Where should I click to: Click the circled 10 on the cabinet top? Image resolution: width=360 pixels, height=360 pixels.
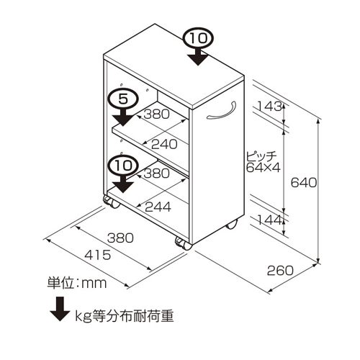coord(198,38)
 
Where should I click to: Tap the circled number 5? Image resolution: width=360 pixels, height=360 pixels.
coord(123,99)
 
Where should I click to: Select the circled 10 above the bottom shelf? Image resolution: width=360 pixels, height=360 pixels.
coord(123,165)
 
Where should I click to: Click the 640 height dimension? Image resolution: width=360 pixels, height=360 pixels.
coord(304,183)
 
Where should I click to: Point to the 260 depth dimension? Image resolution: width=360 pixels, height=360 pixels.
coord(280,271)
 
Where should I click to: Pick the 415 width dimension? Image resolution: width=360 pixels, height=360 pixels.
coord(98,255)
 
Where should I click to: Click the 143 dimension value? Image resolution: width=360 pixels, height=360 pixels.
coord(269,106)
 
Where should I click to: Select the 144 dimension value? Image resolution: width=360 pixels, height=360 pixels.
coord(269,220)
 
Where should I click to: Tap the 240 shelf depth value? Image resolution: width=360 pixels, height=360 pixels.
coord(164,144)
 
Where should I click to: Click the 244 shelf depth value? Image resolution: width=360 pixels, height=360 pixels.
coord(158,207)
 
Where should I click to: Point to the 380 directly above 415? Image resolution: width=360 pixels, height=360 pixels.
coord(120,238)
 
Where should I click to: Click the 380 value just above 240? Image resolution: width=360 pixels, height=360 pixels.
coord(156,114)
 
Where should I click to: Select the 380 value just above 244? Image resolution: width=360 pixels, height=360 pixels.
coord(156,173)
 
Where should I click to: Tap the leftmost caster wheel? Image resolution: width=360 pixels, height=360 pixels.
coord(111,202)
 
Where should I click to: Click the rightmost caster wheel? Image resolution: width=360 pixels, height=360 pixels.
coord(232,224)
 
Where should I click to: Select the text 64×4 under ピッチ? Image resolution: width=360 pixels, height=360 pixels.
coord(264,168)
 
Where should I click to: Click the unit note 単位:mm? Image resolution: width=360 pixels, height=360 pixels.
coord(76,283)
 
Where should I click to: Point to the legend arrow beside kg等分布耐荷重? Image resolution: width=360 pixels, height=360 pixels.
coord(60,309)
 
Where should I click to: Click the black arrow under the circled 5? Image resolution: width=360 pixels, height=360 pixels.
coord(123,117)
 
